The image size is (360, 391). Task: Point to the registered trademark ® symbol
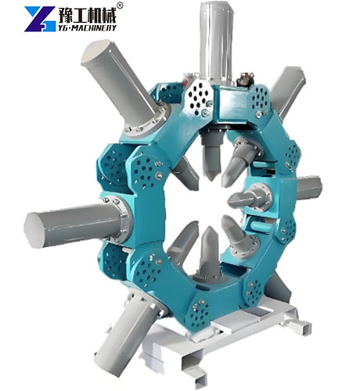[x=119, y=6]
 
